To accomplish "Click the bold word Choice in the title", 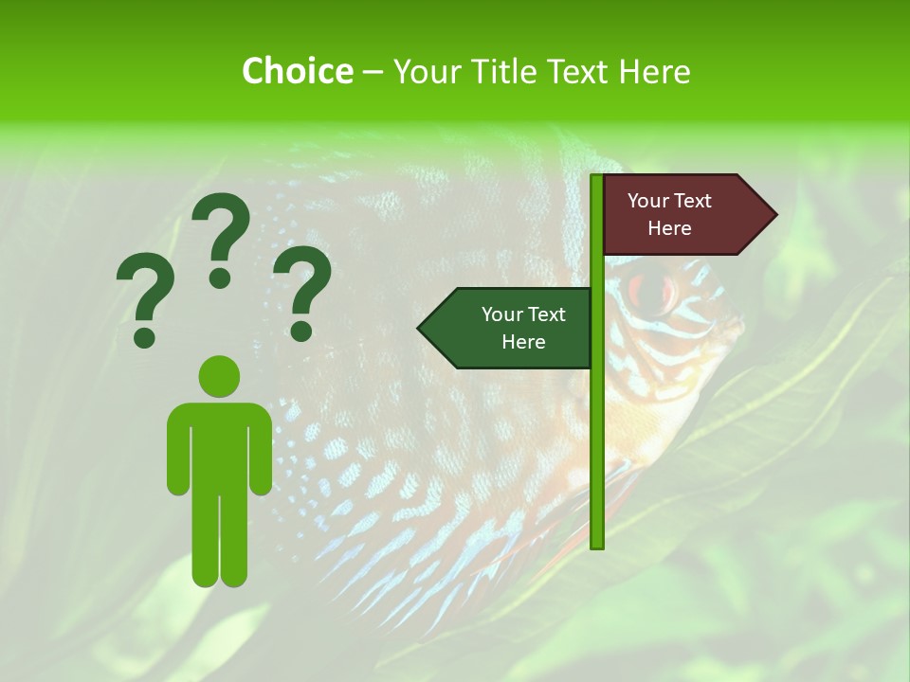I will tap(297, 71).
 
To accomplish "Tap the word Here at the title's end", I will tap(654, 71).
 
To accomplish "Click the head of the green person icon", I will tap(219, 375).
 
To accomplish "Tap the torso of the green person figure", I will tap(219, 445).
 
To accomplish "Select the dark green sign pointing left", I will tap(512, 329).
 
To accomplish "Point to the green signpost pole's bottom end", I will tap(597, 544).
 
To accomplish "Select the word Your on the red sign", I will tap(648, 201).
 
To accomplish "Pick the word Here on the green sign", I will tap(523, 342).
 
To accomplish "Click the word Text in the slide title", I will tap(580, 71).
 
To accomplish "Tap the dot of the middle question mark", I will tap(221, 277).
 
